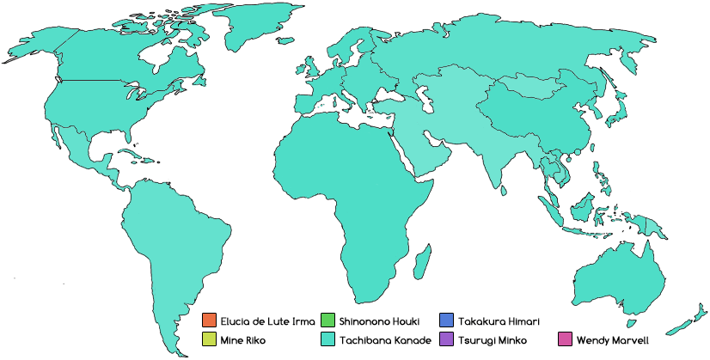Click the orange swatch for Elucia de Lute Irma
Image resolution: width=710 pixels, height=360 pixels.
click(208, 320)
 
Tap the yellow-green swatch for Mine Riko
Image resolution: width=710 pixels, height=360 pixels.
click(208, 339)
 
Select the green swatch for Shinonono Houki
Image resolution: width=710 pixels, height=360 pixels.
click(327, 320)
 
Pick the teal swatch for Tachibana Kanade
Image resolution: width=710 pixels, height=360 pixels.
click(327, 339)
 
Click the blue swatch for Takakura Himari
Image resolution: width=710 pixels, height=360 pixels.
click(445, 320)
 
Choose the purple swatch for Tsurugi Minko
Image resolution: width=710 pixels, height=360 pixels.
click(445, 339)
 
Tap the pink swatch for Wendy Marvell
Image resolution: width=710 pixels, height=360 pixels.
click(564, 339)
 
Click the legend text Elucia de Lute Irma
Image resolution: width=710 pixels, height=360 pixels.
click(261, 320)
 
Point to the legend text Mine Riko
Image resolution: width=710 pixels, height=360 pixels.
click(243, 339)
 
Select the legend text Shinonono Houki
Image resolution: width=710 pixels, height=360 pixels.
click(379, 320)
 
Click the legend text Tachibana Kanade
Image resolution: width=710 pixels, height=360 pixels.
click(384, 339)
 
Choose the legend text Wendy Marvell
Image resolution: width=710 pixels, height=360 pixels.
click(612, 339)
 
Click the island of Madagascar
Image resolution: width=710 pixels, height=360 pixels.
click(421, 259)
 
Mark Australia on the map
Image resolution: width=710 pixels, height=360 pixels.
click(619, 275)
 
